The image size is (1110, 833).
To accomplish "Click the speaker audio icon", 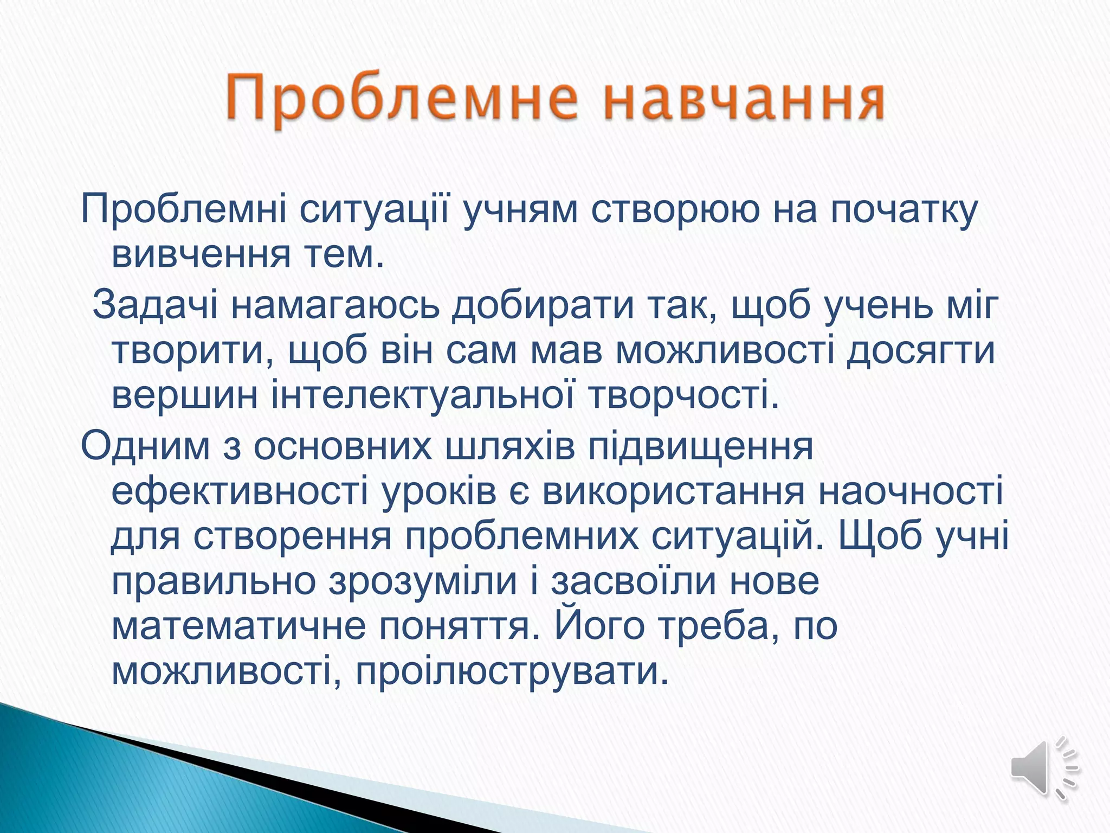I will click(x=1043, y=768).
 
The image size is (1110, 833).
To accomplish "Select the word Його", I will click(x=599, y=627).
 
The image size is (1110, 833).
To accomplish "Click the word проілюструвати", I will click(x=512, y=672).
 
